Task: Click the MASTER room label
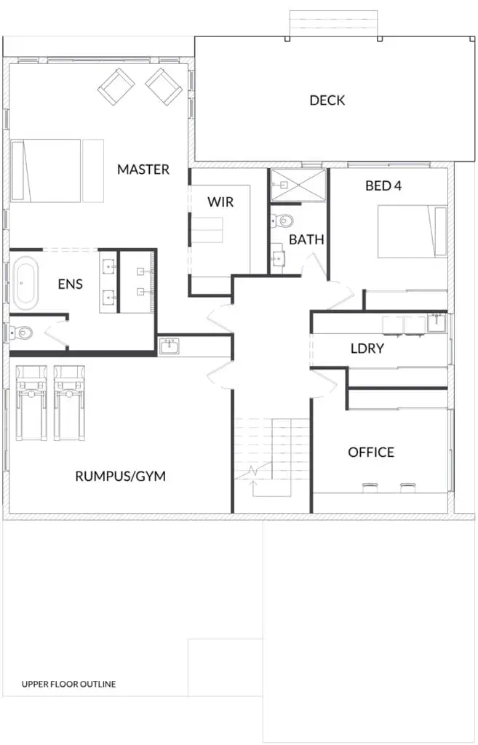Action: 143,169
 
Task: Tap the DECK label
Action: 327,100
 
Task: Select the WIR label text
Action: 220,202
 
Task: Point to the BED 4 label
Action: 383,186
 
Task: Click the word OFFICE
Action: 371,452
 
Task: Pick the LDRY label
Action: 367,348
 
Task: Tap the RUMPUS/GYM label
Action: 121,476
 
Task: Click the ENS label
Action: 71,284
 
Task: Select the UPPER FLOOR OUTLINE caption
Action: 69,684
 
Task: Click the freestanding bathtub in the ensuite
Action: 25,283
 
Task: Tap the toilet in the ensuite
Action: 20,332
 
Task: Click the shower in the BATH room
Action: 298,185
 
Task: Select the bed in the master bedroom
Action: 57,170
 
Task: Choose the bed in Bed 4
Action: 413,231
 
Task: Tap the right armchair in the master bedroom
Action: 164,87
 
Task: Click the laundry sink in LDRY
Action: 437,323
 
